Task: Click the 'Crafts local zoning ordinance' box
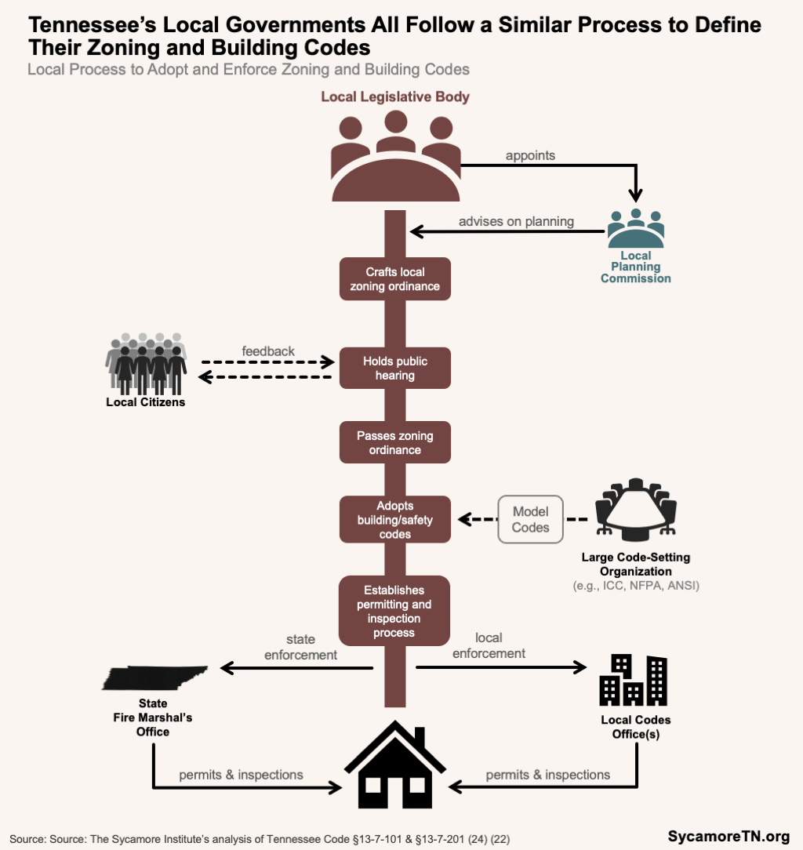point(395,278)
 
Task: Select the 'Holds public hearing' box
point(395,368)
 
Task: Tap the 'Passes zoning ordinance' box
point(395,442)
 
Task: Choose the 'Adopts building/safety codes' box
point(395,519)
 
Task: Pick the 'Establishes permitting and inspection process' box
point(394,611)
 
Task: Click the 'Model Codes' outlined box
point(531,519)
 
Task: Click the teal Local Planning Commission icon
point(636,229)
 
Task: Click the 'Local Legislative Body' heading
point(395,97)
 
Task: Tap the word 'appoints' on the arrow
point(530,155)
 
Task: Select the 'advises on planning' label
point(517,221)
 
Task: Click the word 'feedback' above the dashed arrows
point(268,351)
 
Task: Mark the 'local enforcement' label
point(489,645)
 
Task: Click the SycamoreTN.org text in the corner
point(729,836)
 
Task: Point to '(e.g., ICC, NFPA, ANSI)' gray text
point(636,586)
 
